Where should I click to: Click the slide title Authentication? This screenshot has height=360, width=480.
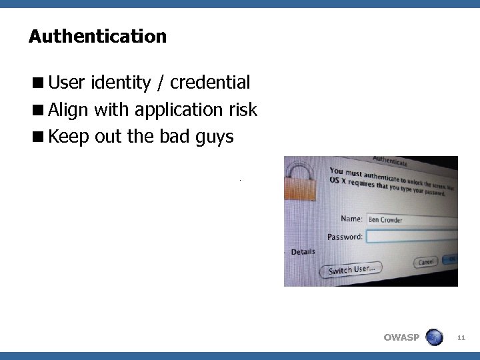coord(97,36)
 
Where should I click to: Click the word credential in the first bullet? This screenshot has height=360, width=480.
coord(210,83)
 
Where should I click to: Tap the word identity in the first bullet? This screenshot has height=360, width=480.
coord(121,83)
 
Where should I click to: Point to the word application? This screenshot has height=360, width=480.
coord(179,111)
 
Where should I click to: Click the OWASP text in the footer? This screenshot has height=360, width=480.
coord(401,337)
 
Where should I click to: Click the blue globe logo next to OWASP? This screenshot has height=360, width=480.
coord(434,337)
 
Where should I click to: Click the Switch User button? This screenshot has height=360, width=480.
coord(351,270)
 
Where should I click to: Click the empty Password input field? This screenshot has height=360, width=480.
coord(412,236)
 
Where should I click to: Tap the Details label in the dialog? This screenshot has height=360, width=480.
coord(303,252)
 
